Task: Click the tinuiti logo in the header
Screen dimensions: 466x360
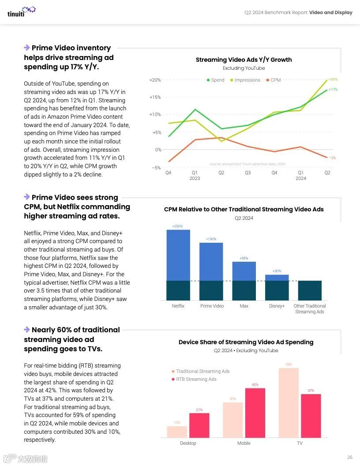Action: (x=21, y=11)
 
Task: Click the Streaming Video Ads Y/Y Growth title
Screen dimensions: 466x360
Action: (x=244, y=60)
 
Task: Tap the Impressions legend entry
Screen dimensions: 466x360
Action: (x=245, y=80)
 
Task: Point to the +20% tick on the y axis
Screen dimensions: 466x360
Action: (x=155, y=80)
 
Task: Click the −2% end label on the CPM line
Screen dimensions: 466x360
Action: (x=332, y=158)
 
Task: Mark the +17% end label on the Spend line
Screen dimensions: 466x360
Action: (x=333, y=90)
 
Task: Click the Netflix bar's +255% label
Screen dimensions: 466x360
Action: (x=178, y=226)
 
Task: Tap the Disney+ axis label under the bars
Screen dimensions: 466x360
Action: (x=277, y=306)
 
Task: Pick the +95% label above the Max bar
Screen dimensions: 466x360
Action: (x=244, y=258)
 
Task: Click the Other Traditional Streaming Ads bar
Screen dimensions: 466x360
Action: (x=310, y=290)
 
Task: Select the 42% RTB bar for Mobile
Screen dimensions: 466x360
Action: (x=255, y=412)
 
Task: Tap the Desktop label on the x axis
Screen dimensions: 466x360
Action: (x=188, y=443)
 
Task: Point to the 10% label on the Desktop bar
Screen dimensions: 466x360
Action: (x=177, y=423)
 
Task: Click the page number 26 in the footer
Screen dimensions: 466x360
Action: (x=350, y=457)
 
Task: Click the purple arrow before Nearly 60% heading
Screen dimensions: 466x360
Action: (x=27, y=330)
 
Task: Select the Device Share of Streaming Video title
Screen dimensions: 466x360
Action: (x=246, y=342)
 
